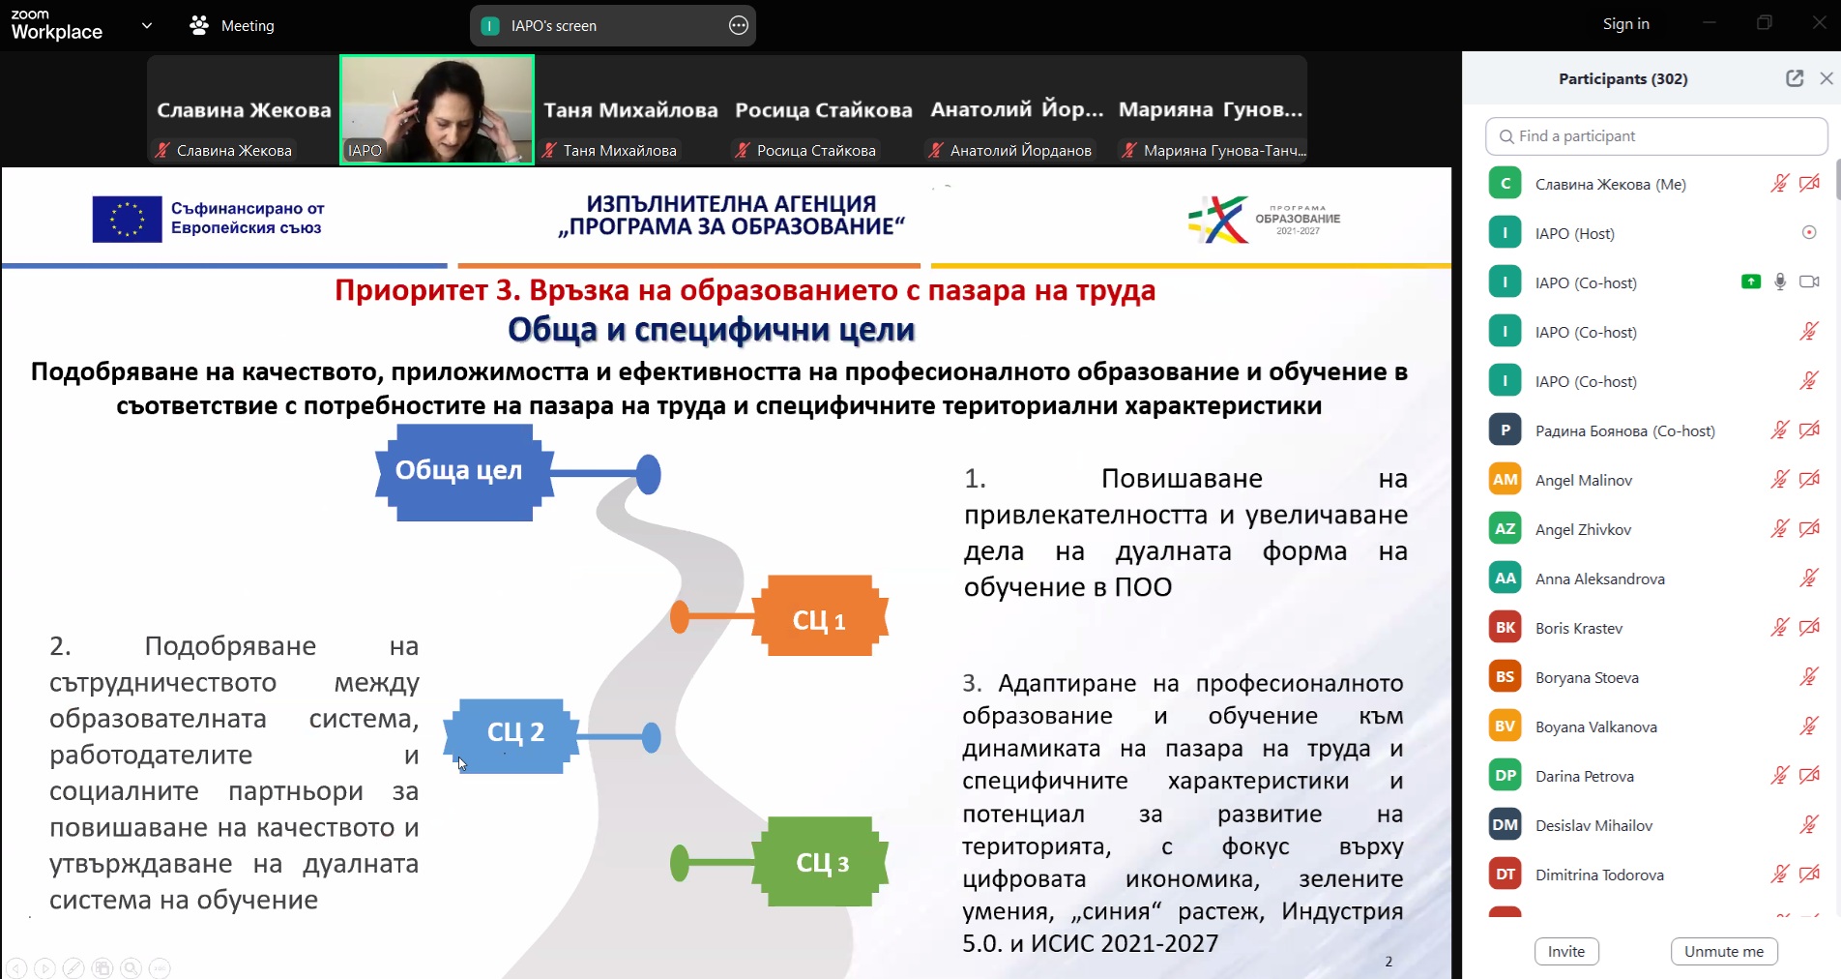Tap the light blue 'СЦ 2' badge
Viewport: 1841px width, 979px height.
point(511,735)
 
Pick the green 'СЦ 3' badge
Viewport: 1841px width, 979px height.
point(820,862)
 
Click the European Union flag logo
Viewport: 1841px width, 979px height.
point(127,219)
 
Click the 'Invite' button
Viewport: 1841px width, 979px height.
point(1566,951)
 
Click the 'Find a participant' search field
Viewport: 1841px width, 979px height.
point(1656,136)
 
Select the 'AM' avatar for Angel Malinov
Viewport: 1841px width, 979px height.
point(1505,479)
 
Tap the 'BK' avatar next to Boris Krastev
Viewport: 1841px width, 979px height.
point(1505,627)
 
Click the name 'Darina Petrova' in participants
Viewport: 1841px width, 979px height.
point(1585,776)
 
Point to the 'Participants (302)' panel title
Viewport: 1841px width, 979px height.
point(1623,79)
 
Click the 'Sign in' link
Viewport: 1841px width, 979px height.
point(1626,24)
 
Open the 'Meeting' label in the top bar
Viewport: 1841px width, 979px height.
point(248,26)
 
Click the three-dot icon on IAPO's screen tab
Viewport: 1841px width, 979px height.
point(739,26)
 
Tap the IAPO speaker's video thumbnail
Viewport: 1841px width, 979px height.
point(437,109)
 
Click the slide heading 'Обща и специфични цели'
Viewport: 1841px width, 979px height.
point(712,330)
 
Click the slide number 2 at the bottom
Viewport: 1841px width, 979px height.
point(1388,962)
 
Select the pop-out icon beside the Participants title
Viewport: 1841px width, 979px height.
point(1795,78)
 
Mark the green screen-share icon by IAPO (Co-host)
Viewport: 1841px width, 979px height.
point(1751,282)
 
